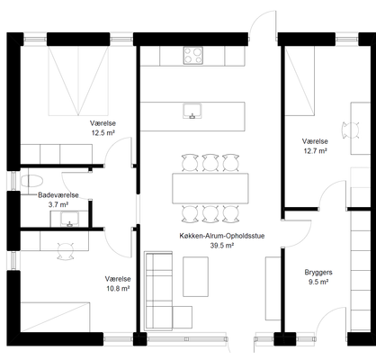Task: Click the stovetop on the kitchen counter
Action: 193,55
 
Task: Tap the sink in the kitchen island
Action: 192,111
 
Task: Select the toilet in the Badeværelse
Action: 31,181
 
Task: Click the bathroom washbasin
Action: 69,219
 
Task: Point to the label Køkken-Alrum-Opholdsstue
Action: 222,236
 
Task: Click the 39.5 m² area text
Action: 222,246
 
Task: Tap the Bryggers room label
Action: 318,273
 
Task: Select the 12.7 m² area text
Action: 315,150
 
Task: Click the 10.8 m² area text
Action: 118,288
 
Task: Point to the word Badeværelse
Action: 58,195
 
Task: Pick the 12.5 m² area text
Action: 103,132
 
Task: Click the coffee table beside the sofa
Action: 196,276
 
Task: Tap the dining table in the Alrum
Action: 210,188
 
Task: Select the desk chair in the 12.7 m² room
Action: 351,130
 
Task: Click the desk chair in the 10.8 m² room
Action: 66,251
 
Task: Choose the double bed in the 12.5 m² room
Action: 78,80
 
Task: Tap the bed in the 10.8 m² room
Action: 55,317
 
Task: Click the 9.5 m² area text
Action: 318,282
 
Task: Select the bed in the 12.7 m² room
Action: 300,81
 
